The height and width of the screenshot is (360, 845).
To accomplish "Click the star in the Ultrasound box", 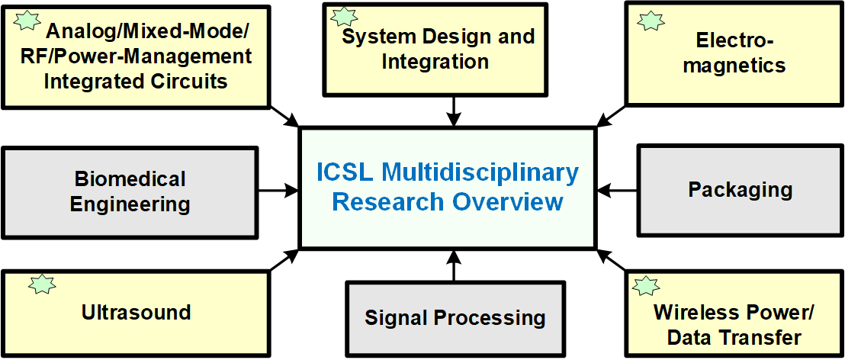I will tap(42, 284).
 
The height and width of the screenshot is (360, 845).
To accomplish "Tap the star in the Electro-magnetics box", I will tap(651, 20).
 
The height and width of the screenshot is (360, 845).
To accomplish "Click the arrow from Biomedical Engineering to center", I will tap(278, 188).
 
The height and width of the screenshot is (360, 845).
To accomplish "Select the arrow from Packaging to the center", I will tap(617, 188).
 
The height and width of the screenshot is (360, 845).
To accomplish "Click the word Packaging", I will tap(740, 189).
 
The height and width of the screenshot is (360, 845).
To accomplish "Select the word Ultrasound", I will tap(136, 312).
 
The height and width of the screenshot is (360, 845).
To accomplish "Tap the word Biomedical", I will tap(130, 179).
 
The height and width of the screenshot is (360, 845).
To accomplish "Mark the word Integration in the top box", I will tap(435, 61).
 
